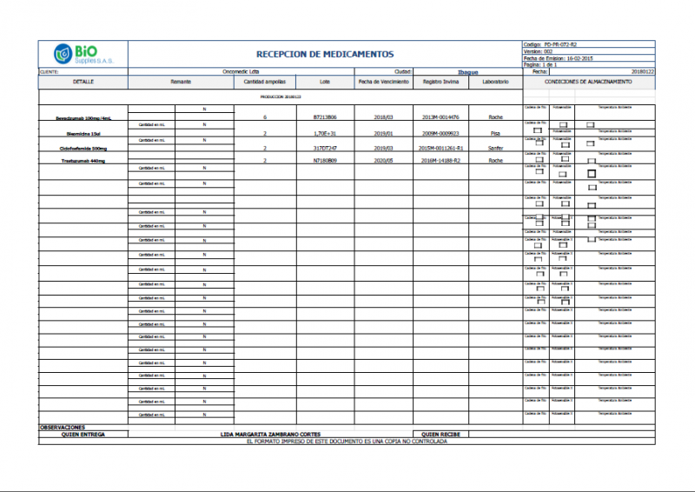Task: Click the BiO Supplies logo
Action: coord(83,53)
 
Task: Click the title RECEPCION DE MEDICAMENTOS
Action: coord(325,54)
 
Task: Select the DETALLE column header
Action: coord(83,82)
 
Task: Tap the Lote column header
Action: coord(325,82)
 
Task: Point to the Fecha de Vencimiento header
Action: coord(384,82)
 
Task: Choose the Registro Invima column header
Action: coord(440,82)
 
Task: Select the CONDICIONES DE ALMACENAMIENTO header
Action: coord(588,82)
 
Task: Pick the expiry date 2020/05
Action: coord(384,161)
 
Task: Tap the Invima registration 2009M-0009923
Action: coord(440,134)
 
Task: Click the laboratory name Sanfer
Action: coord(495,149)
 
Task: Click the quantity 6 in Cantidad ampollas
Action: coord(264,116)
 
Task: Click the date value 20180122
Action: coord(642,71)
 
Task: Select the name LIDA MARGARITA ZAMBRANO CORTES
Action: coord(270,434)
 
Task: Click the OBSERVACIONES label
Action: coord(63,427)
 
